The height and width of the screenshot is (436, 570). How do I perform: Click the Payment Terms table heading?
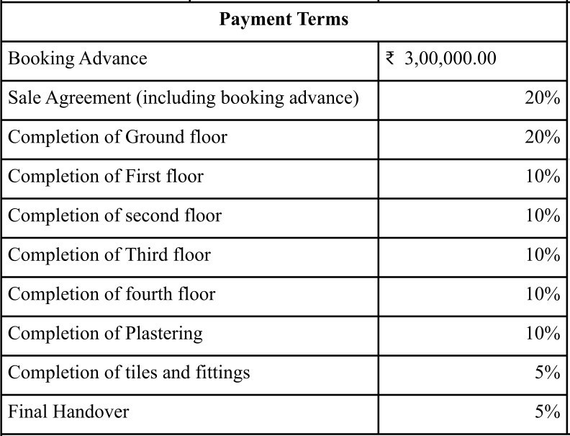click(284, 19)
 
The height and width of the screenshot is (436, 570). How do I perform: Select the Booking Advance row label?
click(78, 58)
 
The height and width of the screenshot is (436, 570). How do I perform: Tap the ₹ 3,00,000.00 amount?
click(450, 58)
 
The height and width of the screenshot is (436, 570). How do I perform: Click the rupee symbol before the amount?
click(391, 58)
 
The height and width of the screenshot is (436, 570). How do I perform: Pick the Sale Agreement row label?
click(184, 98)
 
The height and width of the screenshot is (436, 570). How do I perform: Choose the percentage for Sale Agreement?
click(542, 98)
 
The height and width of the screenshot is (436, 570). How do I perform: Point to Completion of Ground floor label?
click(117, 137)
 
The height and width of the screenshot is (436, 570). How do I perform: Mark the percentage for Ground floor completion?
click(542, 137)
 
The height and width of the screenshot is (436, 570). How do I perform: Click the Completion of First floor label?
click(106, 176)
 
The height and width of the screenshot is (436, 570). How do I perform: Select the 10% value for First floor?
click(542, 176)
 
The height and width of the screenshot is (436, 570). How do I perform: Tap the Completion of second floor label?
click(115, 215)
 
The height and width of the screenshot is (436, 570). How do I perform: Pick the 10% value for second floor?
click(542, 215)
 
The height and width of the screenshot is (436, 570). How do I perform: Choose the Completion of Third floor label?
click(109, 254)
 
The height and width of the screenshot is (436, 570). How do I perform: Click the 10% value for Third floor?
click(542, 254)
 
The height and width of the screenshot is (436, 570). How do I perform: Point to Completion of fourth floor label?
click(112, 294)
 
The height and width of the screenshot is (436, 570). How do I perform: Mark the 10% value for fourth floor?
click(542, 294)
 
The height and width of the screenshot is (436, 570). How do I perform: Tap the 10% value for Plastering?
click(542, 333)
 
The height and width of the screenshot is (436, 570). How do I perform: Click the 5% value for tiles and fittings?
click(547, 373)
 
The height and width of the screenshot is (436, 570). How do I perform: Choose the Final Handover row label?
click(68, 411)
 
